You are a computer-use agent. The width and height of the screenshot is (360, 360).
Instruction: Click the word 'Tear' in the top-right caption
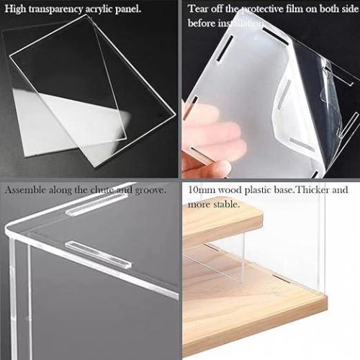[197, 9]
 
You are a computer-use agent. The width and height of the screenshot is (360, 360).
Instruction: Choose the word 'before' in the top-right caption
[202, 23]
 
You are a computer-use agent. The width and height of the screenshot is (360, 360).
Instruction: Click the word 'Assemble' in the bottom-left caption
[25, 190]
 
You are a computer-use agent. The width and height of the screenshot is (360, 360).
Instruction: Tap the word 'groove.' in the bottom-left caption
[150, 191]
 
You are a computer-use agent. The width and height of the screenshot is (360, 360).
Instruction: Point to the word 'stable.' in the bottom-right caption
[227, 204]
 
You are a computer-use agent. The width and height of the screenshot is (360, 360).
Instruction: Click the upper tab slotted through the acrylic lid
[96, 204]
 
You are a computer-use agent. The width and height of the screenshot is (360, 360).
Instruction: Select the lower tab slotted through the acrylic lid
[99, 255]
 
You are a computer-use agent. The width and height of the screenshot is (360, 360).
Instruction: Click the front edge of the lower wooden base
[254, 329]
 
